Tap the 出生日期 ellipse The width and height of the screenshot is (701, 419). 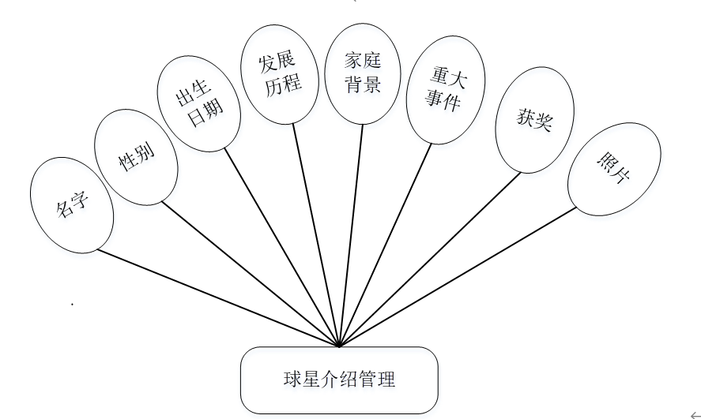click(198, 103)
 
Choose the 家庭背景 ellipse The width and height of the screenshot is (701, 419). click(363, 73)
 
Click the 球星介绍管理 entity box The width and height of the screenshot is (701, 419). click(339, 380)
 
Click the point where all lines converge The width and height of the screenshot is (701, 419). click(339, 346)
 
